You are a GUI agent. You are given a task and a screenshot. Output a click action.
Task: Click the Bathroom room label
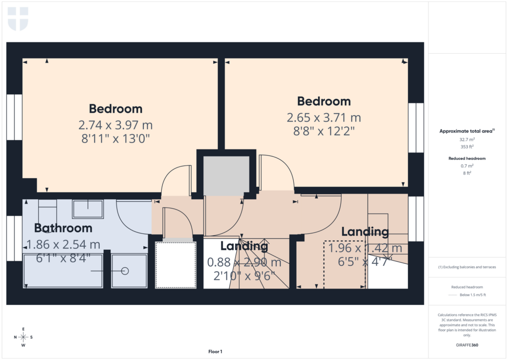tap(63, 228)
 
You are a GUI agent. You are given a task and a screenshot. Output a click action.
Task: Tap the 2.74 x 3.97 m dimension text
tap(115, 125)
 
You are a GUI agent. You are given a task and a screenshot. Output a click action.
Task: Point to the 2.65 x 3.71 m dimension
tap(323, 118)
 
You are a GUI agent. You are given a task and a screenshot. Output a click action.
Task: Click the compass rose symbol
tap(23, 337)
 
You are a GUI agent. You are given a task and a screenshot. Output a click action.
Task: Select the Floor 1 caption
tap(215, 352)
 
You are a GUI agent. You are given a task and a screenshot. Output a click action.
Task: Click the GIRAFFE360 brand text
tap(467, 345)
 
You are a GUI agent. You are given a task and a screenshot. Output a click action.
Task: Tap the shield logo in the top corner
tap(18, 19)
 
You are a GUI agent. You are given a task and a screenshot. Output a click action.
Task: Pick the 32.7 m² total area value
tap(466, 140)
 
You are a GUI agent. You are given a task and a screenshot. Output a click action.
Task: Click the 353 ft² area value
tap(466, 147)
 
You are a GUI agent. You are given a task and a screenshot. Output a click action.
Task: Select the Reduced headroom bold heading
tap(466, 158)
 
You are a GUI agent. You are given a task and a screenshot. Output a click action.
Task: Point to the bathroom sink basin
tap(88, 209)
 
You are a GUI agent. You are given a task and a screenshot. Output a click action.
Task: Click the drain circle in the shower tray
tap(125, 271)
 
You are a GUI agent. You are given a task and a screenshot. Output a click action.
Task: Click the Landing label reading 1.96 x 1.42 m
tap(365, 232)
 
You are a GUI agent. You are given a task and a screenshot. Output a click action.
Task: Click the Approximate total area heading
tap(466, 131)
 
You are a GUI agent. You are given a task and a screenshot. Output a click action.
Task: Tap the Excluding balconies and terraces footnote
tap(467, 267)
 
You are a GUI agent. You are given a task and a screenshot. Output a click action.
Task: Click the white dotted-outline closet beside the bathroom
tap(176, 265)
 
